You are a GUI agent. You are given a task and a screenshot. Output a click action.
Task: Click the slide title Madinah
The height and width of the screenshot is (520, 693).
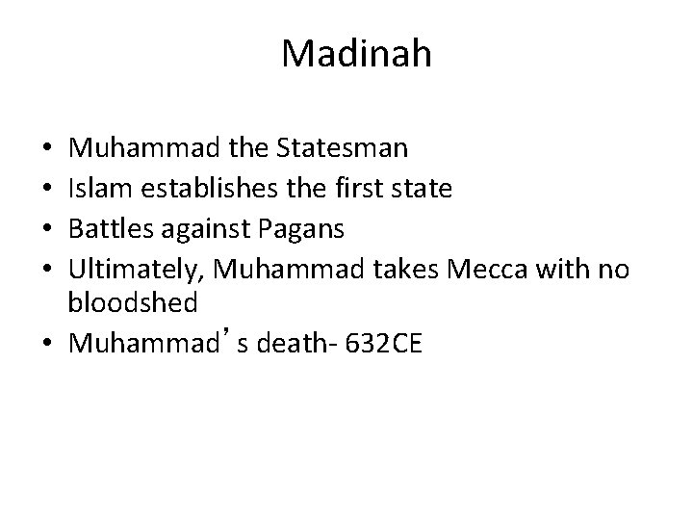coord(357,54)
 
